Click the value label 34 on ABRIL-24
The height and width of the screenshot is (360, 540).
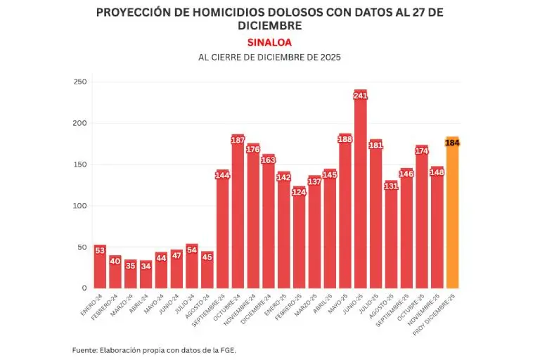tap(146, 265)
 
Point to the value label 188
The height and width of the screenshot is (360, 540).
tap(345, 139)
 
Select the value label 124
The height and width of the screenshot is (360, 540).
tap(299, 192)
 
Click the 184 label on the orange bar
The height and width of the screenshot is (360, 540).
tap(452, 143)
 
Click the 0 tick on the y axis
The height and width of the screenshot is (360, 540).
tap(84, 288)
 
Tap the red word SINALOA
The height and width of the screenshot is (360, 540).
tap(269, 42)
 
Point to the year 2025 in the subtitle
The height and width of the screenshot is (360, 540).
tap(327, 58)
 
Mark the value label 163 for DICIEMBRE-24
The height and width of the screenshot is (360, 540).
tap(269, 160)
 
